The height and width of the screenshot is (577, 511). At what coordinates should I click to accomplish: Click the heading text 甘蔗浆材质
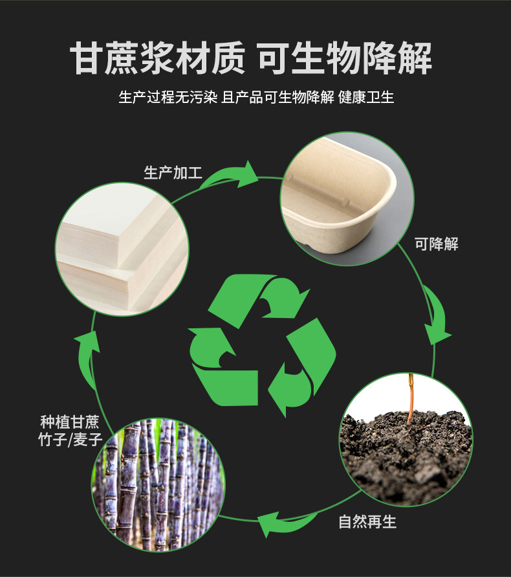[158, 59]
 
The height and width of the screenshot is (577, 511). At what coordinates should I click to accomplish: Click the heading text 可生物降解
[345, 59]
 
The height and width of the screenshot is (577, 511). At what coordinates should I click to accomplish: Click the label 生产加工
[173, 174]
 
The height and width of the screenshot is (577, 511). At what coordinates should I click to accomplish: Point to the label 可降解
[437, 244]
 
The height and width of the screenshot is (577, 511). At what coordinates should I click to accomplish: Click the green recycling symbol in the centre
[262, 343]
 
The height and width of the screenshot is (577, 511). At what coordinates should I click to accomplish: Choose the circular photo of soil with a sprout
[406, 439]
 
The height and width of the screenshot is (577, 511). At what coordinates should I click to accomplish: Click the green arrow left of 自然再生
[282, 522]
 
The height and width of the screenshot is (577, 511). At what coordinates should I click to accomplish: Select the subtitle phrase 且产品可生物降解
[277, 98]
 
